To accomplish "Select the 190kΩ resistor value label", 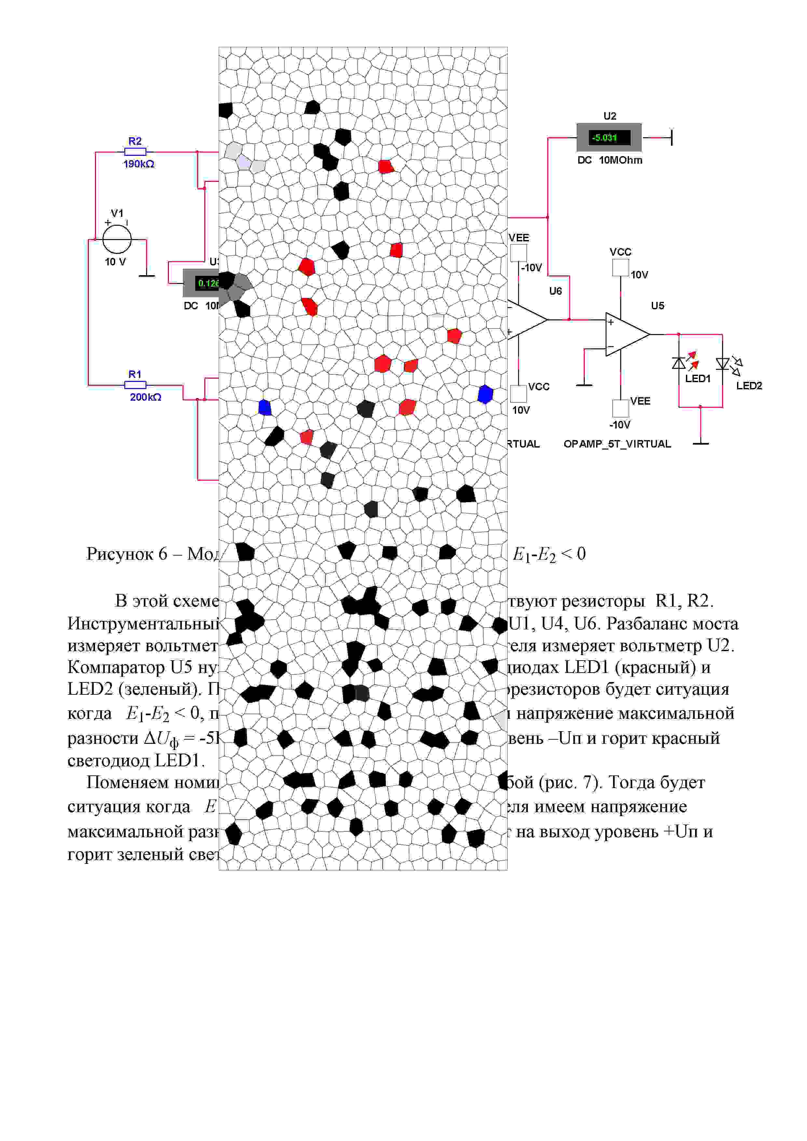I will coord(139,164).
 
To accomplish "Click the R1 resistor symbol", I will coord(135,385).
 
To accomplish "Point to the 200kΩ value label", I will coord(145,397).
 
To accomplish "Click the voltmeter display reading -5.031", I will coord(609,138).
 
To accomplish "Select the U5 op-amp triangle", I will coord(625,334).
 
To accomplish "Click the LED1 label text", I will coord(698,379).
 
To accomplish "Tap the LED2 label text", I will coord(749,386).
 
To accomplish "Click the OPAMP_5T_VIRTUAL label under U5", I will coord(617,444).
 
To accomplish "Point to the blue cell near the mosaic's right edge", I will coord(485,394).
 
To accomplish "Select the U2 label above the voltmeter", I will coord(609,116).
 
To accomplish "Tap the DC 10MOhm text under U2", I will coord(609,160).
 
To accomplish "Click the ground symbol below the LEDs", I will coord(701,442).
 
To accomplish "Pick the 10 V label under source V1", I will coord(116,262).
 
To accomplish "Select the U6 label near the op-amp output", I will coord(555,291).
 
